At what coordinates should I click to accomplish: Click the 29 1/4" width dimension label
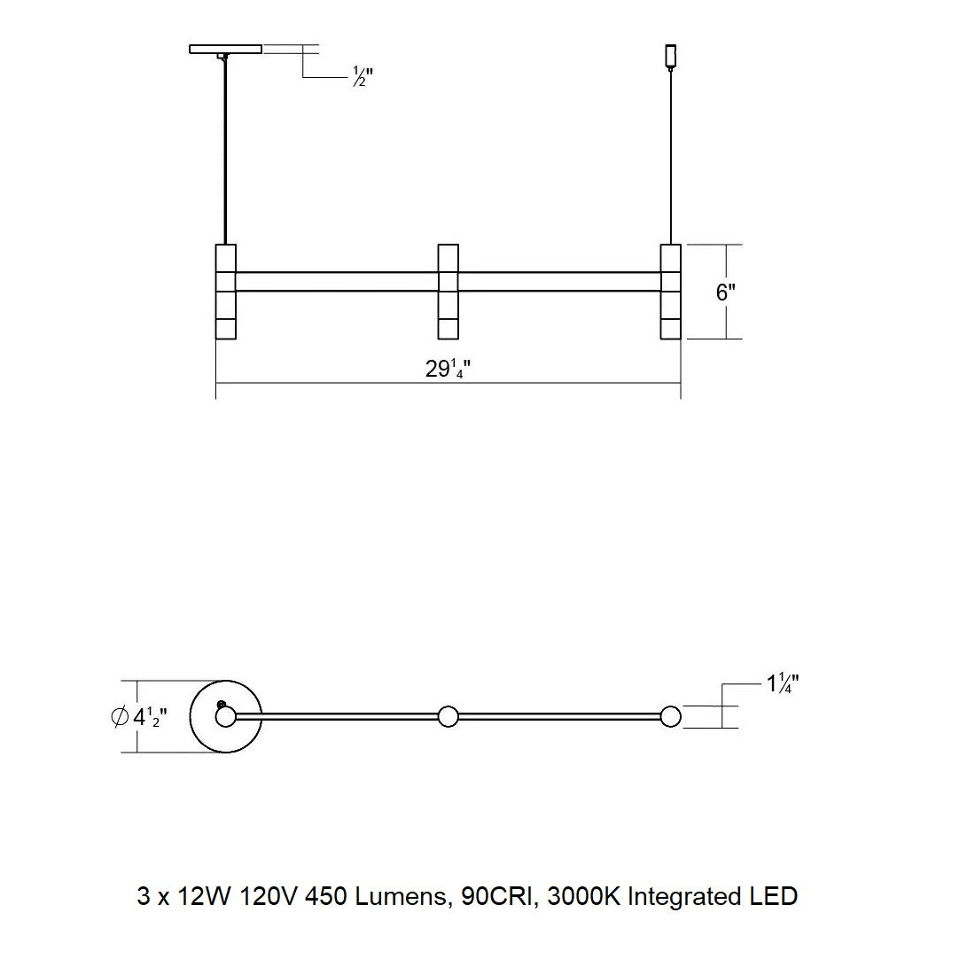(447, 369)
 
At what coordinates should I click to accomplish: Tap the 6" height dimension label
(726, 292)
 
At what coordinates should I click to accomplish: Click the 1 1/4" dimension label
(783, 684)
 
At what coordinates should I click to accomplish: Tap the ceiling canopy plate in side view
(225, 50)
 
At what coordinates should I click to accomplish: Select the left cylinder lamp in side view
(226, 292)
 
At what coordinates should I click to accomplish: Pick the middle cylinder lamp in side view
(448, 292)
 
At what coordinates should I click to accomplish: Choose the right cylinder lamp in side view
(671, 292)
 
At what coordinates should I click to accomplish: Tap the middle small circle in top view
(448, 716)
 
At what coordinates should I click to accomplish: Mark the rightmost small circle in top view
(671, 716)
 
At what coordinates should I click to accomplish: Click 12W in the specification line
(203, 896)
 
